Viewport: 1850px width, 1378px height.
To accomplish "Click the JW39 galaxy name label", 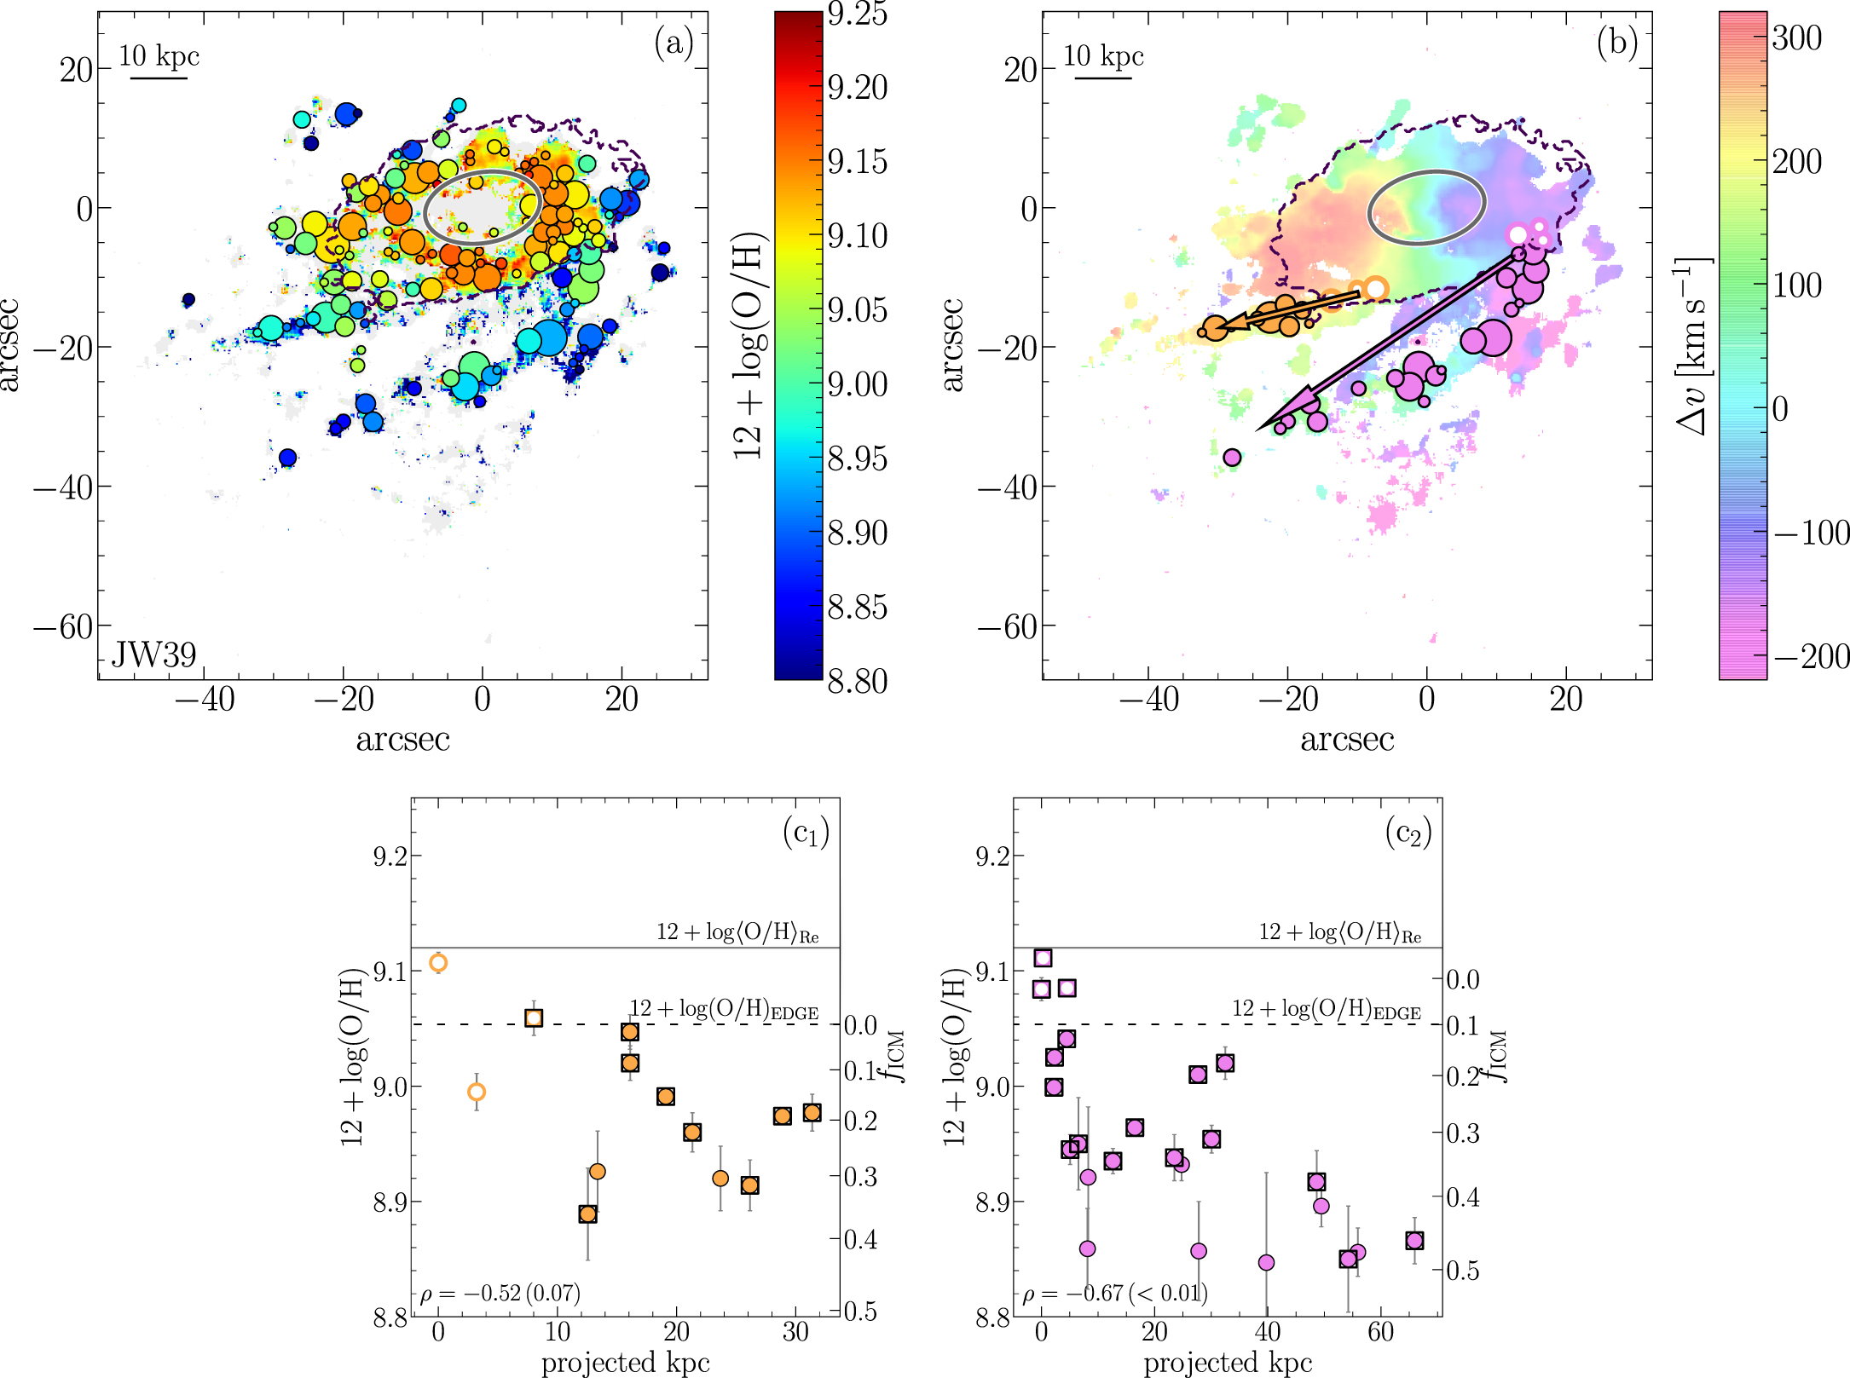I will pos(154,654).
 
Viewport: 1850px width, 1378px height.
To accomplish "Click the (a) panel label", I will pos(674,43).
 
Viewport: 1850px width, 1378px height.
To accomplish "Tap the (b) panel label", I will pos(1617,43).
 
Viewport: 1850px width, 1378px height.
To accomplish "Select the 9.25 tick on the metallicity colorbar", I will pos(857,14).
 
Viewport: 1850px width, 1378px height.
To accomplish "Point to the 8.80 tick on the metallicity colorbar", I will pos(857,681).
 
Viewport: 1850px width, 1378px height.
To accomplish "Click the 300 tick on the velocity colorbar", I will pos(1797,38).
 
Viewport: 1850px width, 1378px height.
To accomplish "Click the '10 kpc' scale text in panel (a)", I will pos(159,56).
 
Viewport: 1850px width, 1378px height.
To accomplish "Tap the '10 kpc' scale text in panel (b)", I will pos(1103,56).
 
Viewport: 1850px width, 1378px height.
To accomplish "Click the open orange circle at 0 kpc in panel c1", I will pos(438,963).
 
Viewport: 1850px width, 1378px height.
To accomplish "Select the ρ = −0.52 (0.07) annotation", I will pos(500,1294).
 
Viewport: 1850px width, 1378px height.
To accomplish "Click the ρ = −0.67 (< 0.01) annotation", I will pos(1114,1294).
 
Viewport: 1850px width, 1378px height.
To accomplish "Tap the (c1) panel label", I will pos(806,833).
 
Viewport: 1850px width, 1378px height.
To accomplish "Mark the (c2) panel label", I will pos(1408,833).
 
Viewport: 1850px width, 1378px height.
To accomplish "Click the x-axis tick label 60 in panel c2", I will pos(1380,1332).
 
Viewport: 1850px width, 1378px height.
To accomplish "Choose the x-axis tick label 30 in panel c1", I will pos(795,1332).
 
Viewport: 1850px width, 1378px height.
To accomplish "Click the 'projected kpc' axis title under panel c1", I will pos(626,1363).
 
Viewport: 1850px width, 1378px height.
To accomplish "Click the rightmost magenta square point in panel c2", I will pos(1414,1241).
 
